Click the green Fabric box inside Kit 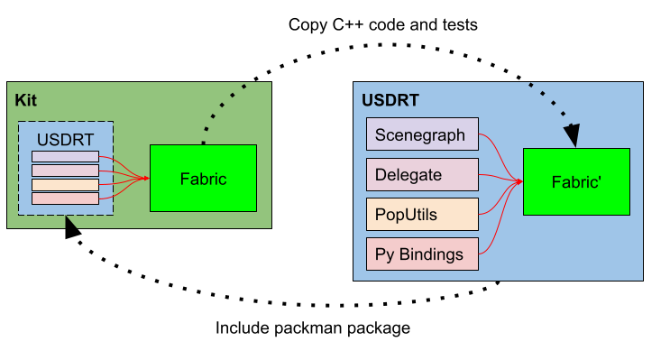(203, 179)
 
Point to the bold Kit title (25, 99)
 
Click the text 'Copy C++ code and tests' (382, 25)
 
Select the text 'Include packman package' (312, 328)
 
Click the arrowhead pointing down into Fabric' (571, 135)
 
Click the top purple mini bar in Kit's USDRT (65, 157)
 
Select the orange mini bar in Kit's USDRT (65, 184)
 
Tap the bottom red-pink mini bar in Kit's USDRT (65, 198)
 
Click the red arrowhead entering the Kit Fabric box (144, 179)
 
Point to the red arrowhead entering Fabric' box (519, 182)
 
